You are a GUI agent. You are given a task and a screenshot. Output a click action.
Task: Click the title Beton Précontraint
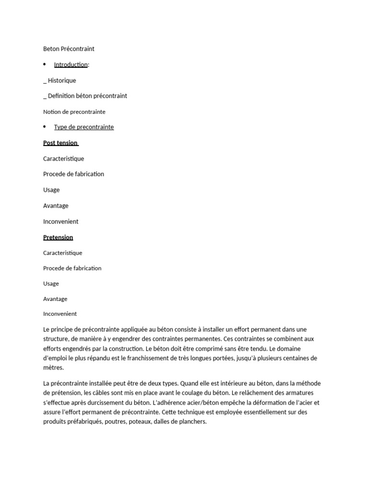(x=69, y=49)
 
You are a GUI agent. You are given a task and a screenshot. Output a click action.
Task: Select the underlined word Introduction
(x=70, y=65)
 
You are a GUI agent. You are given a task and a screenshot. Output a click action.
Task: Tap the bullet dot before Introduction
(x=45, y=64)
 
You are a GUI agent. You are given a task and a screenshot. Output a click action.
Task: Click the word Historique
(x=62, y=80)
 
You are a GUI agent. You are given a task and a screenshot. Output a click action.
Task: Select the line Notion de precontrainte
(x=74, y=111)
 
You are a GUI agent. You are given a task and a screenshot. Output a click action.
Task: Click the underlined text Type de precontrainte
(x=84, y=127)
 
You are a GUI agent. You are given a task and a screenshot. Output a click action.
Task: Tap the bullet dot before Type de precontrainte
(x=45, y=126)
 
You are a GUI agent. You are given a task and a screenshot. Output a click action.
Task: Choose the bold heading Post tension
(x=60, y=143)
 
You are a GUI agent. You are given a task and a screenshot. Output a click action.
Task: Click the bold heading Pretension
(x=58, y=237)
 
